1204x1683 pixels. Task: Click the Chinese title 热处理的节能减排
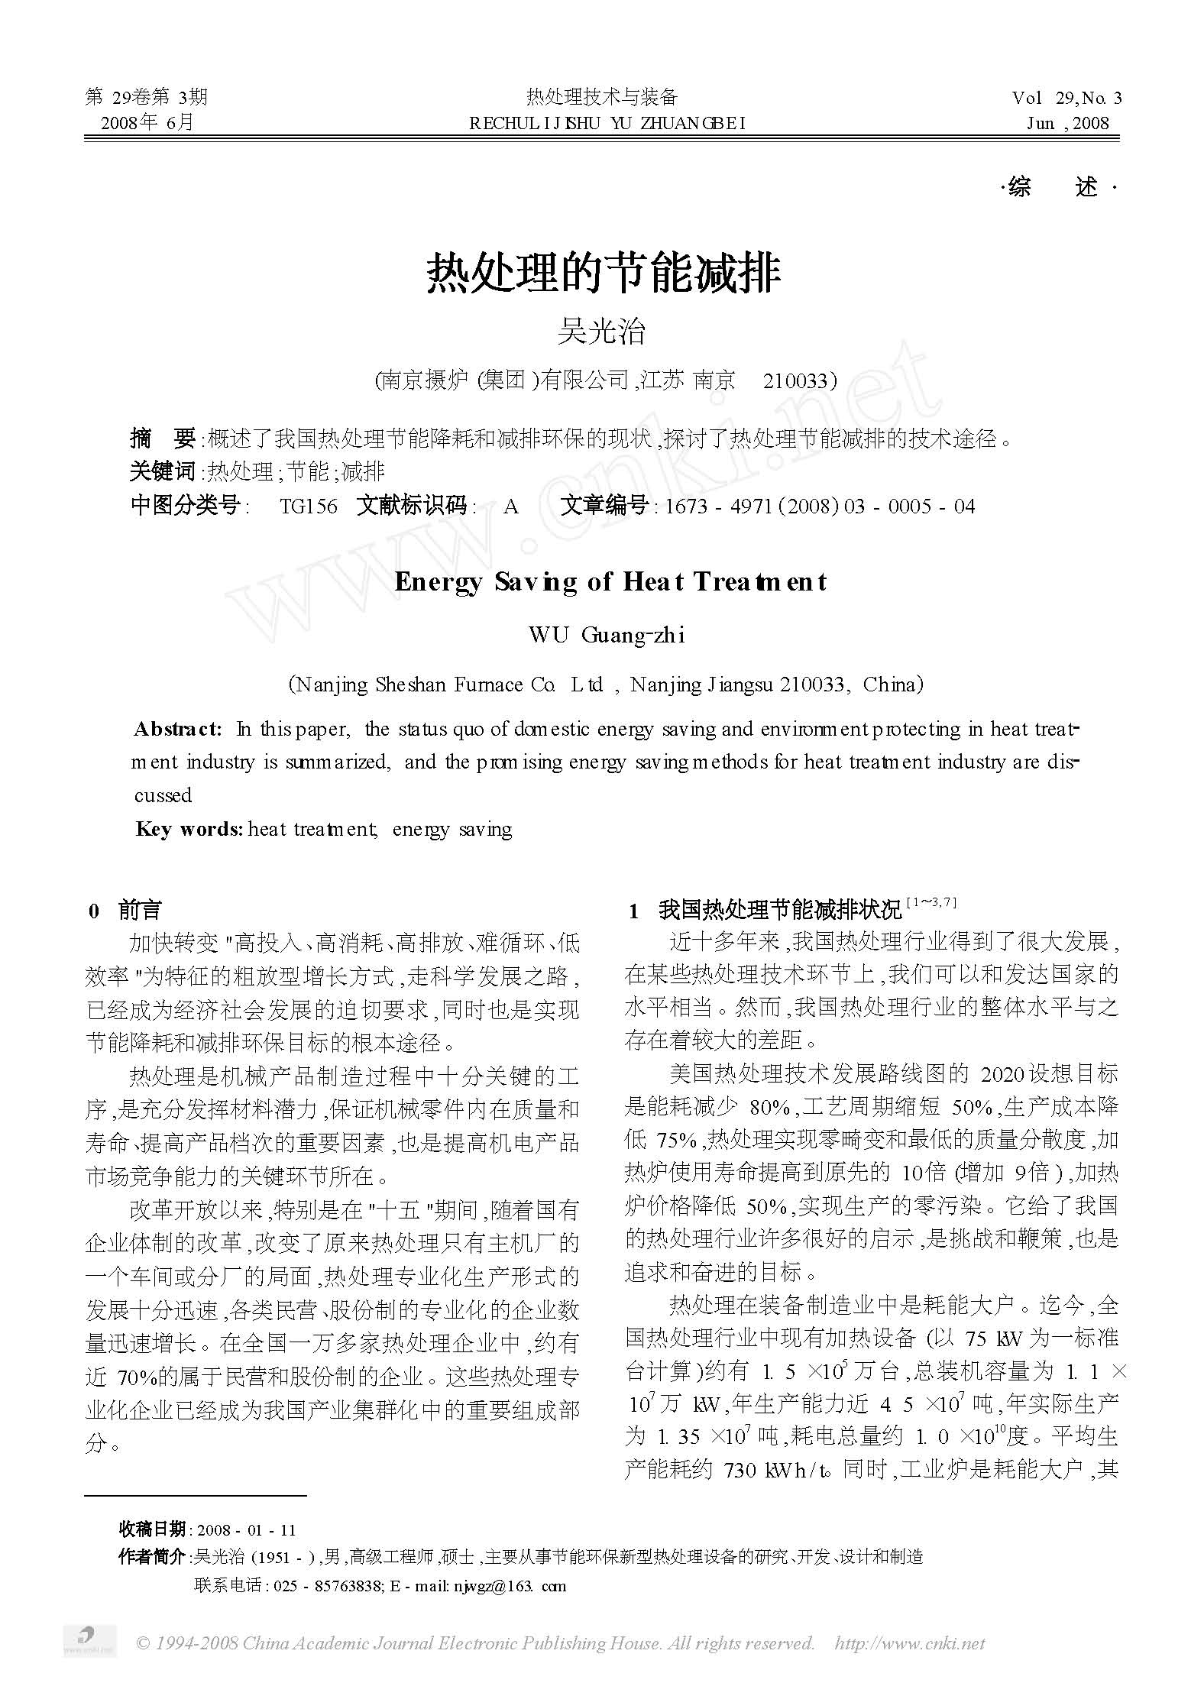pyautogui.click(x=603, y=274)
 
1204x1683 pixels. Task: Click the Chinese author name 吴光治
pyautogui.click(x=602, y=332)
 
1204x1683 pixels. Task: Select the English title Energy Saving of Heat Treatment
pyautogui.click(x=610, y=582)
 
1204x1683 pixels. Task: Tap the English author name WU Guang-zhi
pyautogui.click(x=607, y=635)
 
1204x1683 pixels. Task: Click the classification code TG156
pyautogui.click(x=309, y=506)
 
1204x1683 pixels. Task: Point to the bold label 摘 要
pyautogui.click(x=163, y=439)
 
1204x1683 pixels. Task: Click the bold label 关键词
pyautogui.click(x=163, y=471)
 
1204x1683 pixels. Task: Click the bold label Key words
pyautogui.click(x=189, y=830)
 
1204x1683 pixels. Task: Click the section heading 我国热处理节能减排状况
pyautogui.click(x=779, y=911)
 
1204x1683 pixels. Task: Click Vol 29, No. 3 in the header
pyautogui.click(x=1066, y=98)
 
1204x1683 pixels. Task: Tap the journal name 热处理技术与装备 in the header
pyautogui.click(x=602, y=97)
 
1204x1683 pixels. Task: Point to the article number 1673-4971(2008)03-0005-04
pyautogui.click(x=820, y=506)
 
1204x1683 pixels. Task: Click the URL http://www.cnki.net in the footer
pyautogui.click(x=910, y=1643)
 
